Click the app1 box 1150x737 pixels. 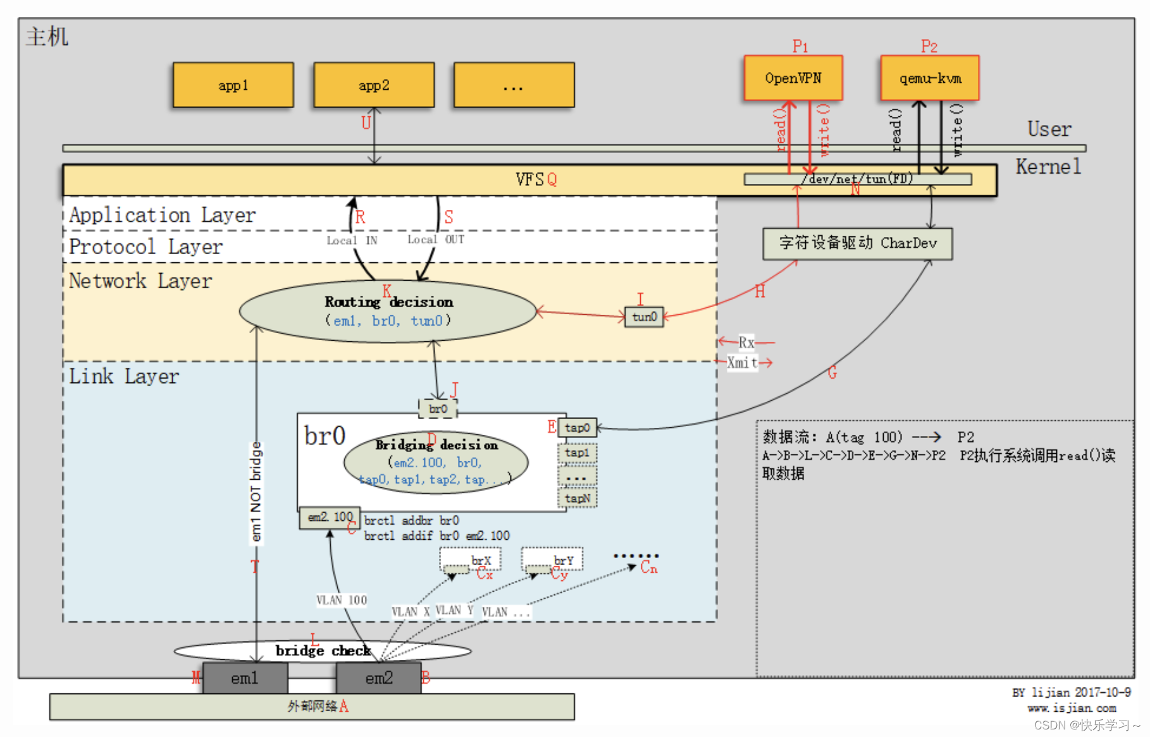(x=233, y=85)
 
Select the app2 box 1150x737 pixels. (x=374, y=85)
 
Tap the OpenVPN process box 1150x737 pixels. (x=793, y=78)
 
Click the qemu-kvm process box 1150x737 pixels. (x=930, y=78)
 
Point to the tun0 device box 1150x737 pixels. (x=644, y=317)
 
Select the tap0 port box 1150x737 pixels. (x=577, y=428)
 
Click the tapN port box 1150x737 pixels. (x=577, y=498)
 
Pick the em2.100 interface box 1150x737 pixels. (x=330, y=517)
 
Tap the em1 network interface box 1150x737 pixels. (x=245, y=678)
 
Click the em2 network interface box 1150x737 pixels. (x=378, y=678)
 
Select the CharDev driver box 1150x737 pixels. (x=857, y=243)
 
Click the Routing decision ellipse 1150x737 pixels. (x=388, y=312)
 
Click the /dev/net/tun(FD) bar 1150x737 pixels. (x=857, y=180)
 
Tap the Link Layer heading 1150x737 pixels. (x=124, y=377)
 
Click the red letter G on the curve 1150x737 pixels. (x=832, y=373)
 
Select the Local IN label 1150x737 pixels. (x=352, y=240)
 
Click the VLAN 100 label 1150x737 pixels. (x=342, y=600)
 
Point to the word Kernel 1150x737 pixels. (x=1048, y=167)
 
